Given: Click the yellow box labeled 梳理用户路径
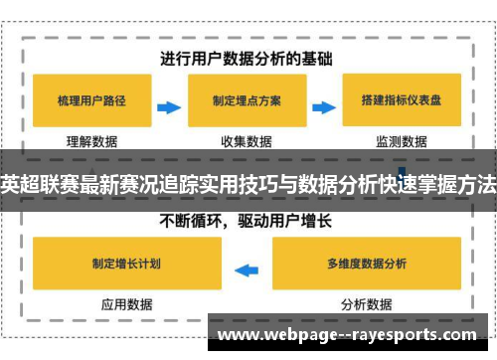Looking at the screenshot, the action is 91,100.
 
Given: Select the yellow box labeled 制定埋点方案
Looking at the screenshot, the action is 246,100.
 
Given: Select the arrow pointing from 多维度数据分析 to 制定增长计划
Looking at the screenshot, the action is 246,266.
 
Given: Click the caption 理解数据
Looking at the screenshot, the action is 91,141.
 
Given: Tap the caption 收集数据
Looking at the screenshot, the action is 246,141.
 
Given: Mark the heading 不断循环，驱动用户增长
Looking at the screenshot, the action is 247,221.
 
